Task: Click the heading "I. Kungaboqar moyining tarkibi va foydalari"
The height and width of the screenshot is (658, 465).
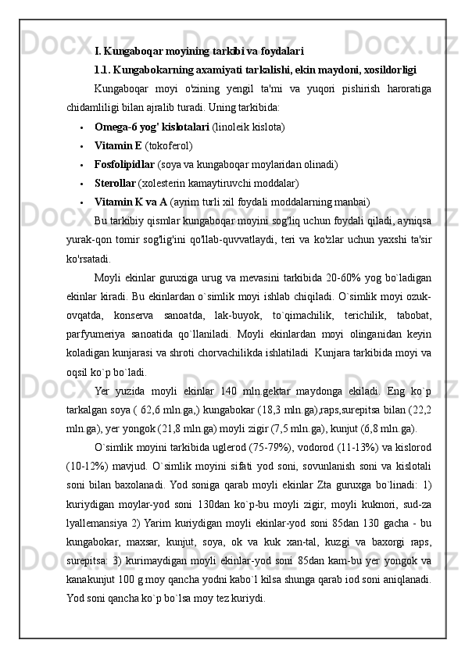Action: (x=199, y=52)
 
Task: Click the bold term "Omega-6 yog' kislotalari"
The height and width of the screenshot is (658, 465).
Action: (x=151, y=126)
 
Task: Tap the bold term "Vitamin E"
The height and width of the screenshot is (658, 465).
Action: (x=118, y=145)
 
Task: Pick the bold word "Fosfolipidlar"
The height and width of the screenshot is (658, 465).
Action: (x=124, y=164)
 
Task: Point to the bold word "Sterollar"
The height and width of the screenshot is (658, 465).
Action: (x=115, y=184)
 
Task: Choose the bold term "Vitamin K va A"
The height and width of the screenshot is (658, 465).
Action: (x=131, y=203)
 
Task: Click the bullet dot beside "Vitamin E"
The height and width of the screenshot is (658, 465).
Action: (x=81, y=146)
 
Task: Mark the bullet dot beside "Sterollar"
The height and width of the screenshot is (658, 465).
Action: (x=81, y=184)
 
